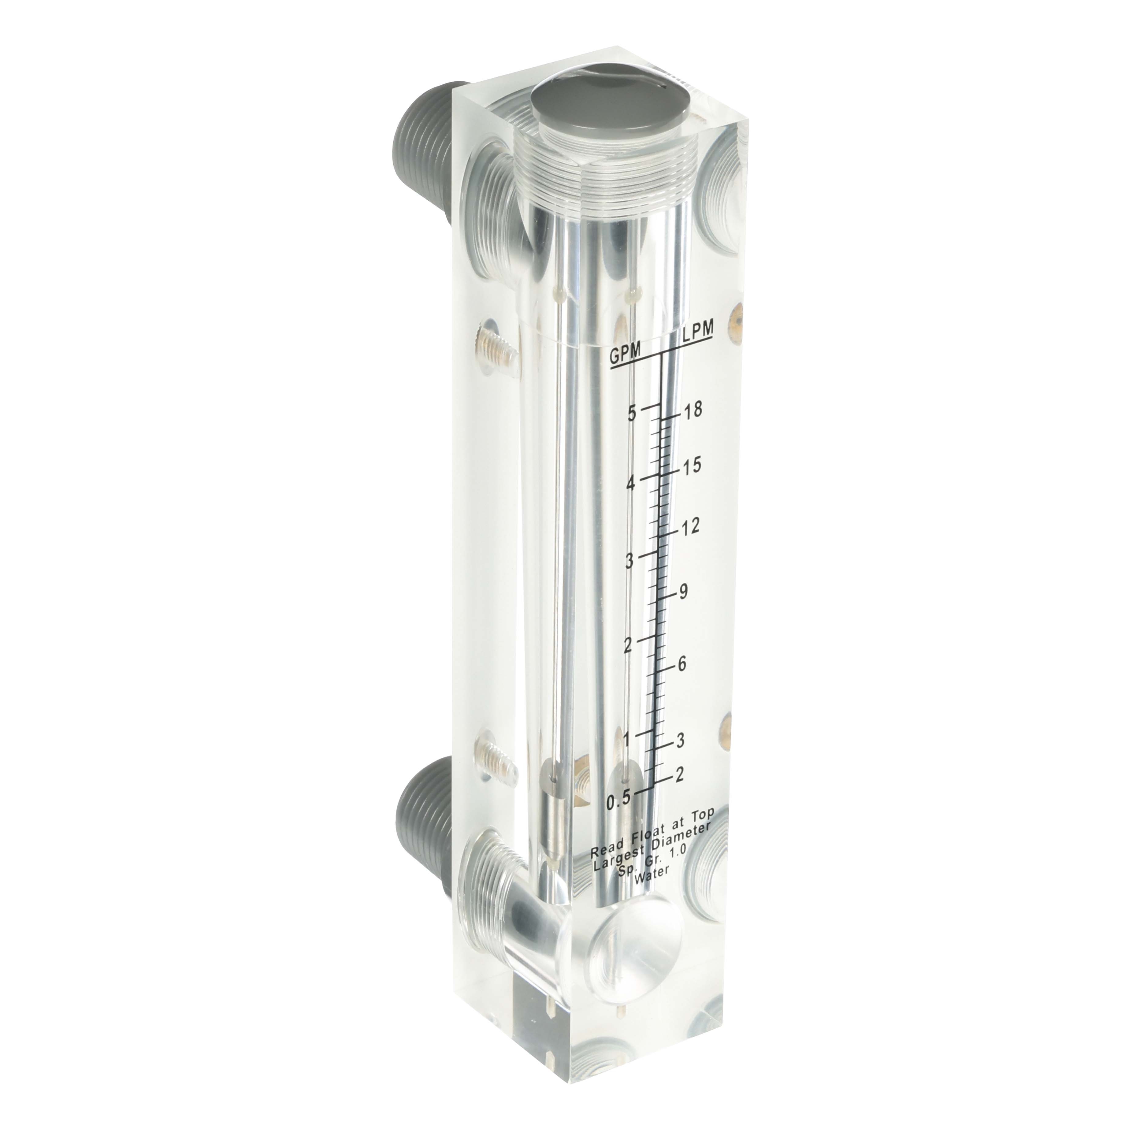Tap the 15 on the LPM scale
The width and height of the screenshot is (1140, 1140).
[688, 466]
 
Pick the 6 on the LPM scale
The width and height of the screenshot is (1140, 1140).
[682, 663]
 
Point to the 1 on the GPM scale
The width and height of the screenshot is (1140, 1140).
[628, 737]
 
